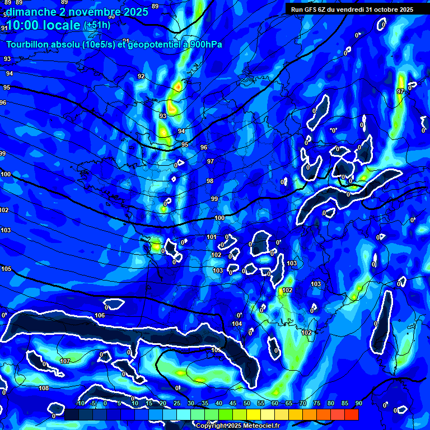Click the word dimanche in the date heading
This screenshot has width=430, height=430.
(28, 11)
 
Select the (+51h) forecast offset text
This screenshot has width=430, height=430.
(97, 25)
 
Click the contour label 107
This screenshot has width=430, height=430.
(65, 361)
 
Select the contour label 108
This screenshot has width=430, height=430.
(44, 388)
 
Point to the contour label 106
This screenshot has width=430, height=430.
(100, 315)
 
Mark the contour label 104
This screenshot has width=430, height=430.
(237, 324)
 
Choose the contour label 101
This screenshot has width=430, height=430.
(211, 237)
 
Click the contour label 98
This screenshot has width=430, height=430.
(209, 181)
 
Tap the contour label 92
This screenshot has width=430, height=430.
(141, 76)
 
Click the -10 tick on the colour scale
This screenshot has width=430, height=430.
(80, 403)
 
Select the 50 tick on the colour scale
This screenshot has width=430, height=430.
(247, 403)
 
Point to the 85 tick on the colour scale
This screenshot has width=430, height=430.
(345, 403)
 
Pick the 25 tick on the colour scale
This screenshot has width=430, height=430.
(177, 403)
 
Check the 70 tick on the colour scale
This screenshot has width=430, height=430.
(303, 403)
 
